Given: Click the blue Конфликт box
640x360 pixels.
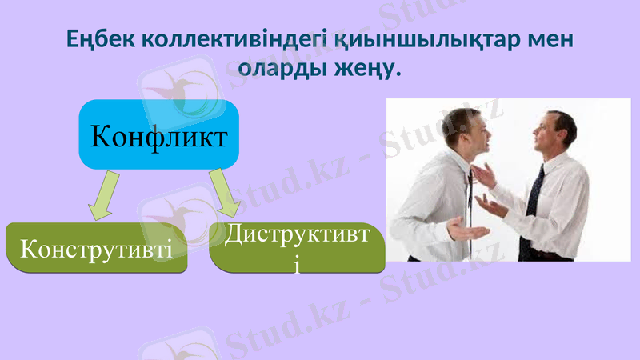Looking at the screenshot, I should pos(158,135).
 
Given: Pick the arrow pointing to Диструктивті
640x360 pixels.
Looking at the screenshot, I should pos(226,192).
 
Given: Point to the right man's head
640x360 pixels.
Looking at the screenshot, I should pos(555,132).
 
